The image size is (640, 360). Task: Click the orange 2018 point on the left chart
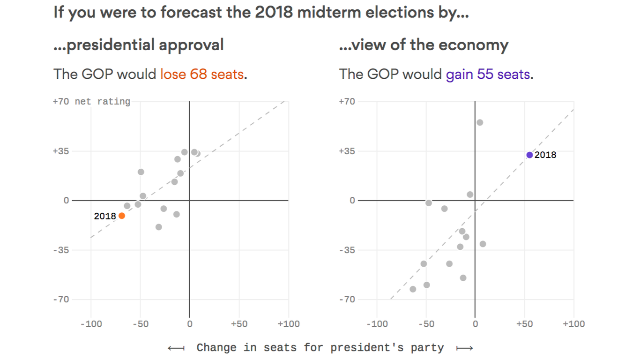122,216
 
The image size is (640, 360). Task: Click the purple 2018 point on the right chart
529,155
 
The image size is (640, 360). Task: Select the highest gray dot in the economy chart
480,122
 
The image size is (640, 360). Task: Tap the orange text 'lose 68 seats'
202,74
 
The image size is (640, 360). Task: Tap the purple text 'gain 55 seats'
488,74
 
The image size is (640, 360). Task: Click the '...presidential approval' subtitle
139,45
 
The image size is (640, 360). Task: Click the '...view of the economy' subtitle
424,45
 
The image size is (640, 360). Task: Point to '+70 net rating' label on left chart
92,101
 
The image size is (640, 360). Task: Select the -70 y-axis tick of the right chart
347,300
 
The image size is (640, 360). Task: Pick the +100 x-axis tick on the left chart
289,324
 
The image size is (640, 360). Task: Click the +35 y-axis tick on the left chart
61,151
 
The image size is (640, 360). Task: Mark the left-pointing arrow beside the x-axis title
176,348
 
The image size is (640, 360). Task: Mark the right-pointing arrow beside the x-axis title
464,348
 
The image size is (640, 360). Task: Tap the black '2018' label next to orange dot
105,216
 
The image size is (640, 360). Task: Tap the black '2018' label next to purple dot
545,155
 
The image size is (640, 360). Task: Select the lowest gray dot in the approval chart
159,227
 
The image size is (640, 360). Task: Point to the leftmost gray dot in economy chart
413,289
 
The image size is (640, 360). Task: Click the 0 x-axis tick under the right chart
475,324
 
